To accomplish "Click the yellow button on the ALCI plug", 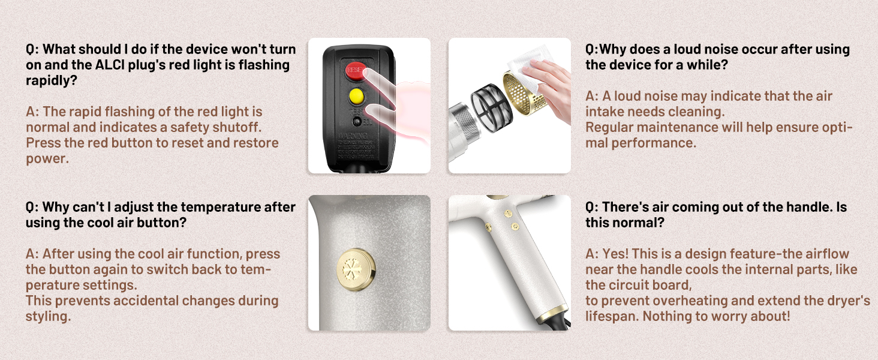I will [x=356, y=95].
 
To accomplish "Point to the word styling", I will [x=48, y=316].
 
